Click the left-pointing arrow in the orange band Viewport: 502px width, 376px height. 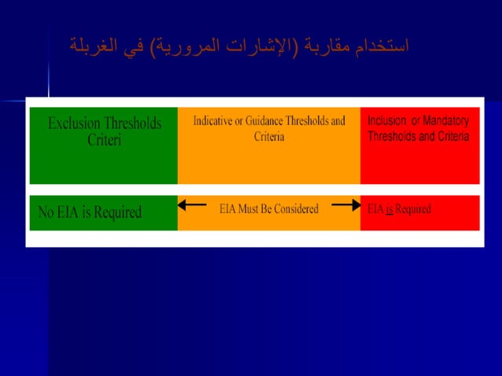pyautogui.click(x=191, y=205)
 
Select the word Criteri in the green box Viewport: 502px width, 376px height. pyautogui.click(x=105, y=140)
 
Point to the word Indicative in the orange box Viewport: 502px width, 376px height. pyautogui.click(x=217, y=121)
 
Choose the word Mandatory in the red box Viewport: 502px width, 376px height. pyautogui.click(x=445, y=121)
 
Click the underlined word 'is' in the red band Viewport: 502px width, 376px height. pyautogui.click(x=389, y=209)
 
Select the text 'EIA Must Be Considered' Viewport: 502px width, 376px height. pyautogui.click(x=268, y=208)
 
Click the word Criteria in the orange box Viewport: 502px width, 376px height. pyautogui.click(x=269, y=137)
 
